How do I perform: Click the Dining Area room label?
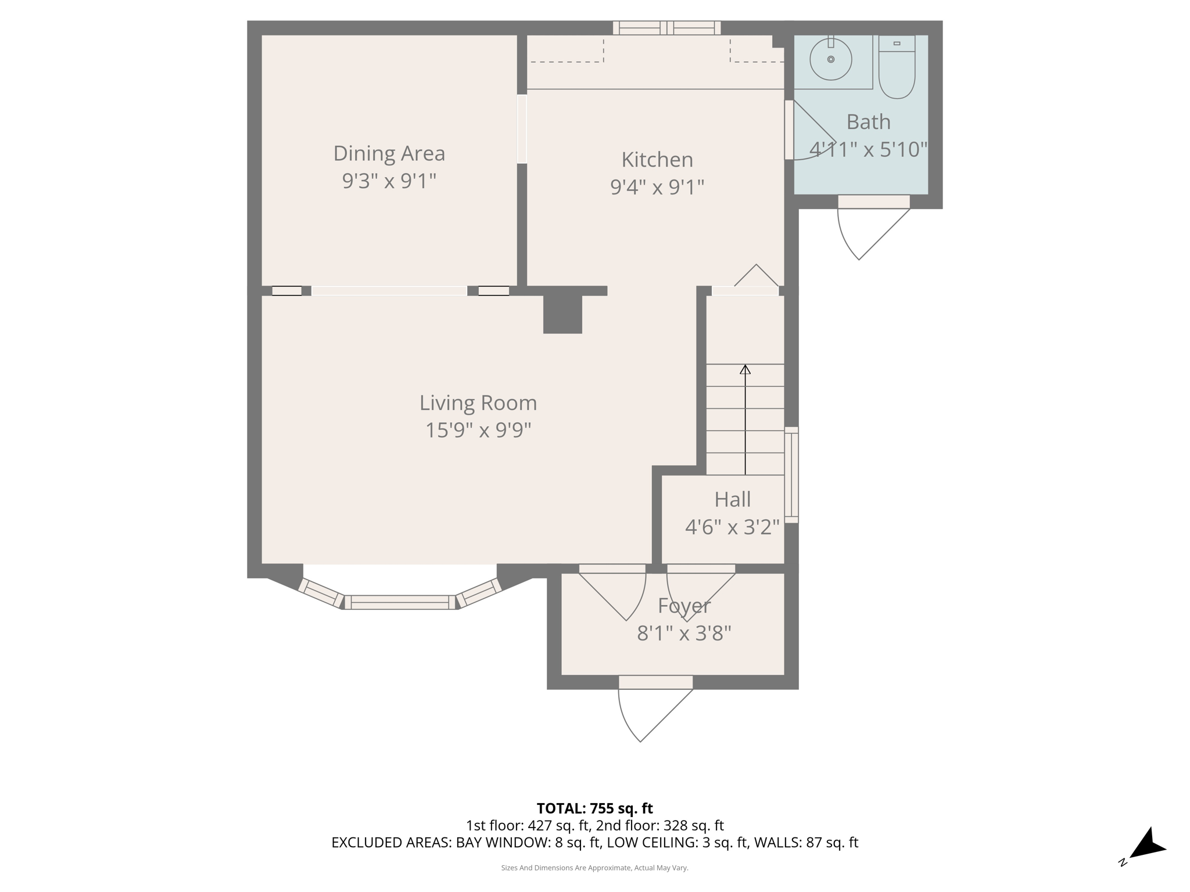389,153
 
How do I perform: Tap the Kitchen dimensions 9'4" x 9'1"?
657,187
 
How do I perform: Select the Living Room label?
478,402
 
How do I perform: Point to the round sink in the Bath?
830,59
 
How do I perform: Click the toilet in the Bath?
897,69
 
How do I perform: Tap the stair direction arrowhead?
745,369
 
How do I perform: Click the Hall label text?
732,499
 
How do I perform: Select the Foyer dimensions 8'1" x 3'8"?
683,632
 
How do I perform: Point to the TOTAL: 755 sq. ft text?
594,808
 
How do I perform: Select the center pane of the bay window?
400,602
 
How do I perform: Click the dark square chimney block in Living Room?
562,314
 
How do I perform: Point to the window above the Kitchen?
666,28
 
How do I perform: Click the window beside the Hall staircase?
791,474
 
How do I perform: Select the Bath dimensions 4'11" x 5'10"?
868,149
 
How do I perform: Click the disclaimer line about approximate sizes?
594,868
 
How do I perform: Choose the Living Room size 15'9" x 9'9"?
478,430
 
